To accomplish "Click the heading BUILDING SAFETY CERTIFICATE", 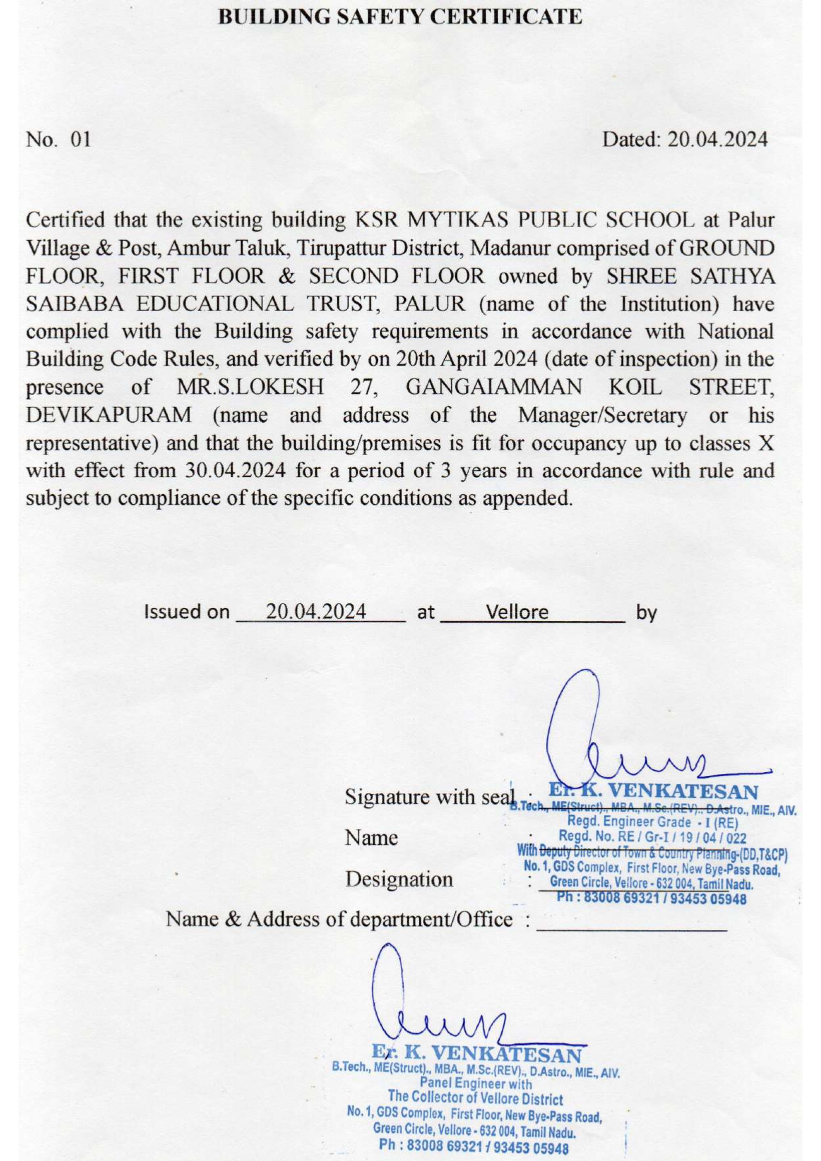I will [x=400, y=17].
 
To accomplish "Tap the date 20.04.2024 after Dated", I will [x=717, y=140].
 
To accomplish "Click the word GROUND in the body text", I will [x=727, y=248].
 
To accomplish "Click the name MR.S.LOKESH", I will [x=250, y=387].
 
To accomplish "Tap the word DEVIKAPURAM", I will [x=109, y=415].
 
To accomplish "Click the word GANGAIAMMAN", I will [x=493, y=387].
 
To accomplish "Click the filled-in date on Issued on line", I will [x=316, y=611].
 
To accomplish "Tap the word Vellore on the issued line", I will [x=517, y=612].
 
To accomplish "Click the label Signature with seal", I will [x=429, y=796].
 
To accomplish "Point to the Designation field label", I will [x=399, y=879].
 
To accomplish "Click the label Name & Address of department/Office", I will [x=338, y=919].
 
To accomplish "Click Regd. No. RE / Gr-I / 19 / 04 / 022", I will [x=652, y=838].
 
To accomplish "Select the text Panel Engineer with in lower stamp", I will [x=475, y=1084].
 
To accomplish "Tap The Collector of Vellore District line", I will [x=475, y=1099].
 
